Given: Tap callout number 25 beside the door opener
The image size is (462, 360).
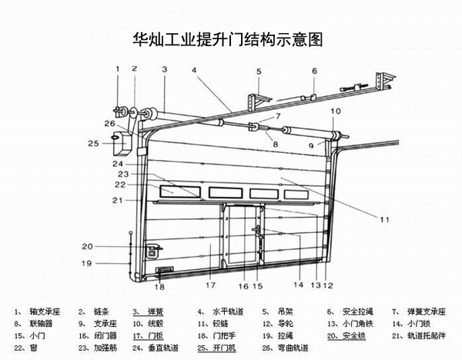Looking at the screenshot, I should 93,143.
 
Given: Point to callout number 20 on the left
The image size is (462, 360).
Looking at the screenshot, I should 87,246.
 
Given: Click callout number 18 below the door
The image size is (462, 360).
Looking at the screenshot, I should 159,288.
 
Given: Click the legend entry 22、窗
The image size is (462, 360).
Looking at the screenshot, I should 26,348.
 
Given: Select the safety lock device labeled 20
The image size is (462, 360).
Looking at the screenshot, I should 152,251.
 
